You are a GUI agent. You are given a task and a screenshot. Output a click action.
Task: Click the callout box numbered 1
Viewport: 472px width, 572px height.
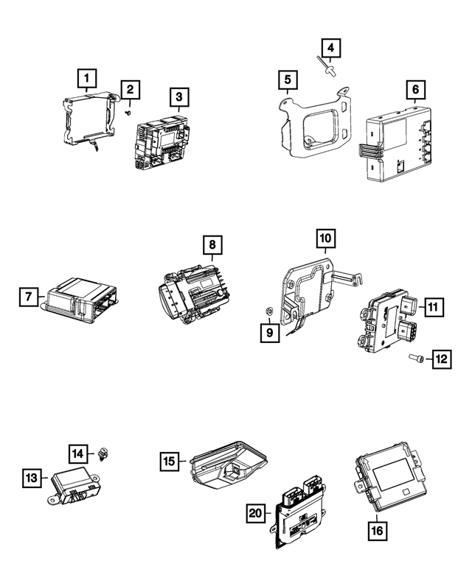pyautogui.click(x=86, y=77)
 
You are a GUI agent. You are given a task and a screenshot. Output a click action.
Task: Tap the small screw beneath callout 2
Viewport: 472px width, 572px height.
pyautogui.click(x=128, y=113)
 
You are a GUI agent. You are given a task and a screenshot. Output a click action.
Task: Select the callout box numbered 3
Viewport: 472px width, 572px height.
pyautogui.click(x=178, y=96)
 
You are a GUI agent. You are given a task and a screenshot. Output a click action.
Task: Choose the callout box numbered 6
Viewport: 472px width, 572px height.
pyautogui.click(x=415, y=91)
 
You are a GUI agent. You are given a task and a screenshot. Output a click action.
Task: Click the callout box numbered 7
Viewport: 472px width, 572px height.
pyautogui.click(x=28, y=297)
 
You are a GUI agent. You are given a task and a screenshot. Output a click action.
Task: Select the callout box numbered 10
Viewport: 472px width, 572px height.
pyautogui.click(x=326, y=238)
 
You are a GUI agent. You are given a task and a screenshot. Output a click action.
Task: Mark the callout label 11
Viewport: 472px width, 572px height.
pyautogui.click(x=434, y=306)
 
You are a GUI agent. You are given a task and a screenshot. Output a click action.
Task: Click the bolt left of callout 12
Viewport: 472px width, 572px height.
pyautogui.click(x=414, y=359)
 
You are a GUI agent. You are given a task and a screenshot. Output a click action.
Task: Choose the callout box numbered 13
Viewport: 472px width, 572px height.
pyautogui.click(x=30, y=478)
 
